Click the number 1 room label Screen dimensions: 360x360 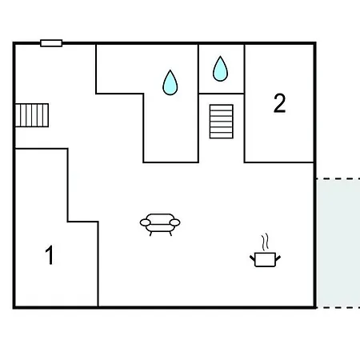pyautogui.click(x=50, y=254)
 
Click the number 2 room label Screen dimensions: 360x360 pyautogui.click(x=279, y=103)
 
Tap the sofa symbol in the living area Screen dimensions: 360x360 pyautogui.click(x=160, y=225)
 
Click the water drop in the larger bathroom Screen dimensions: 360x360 pyautogui.click(x=170, y=82)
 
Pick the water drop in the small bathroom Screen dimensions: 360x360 pyautogui.click(x=220, y=69)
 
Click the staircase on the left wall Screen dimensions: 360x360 pyautogui.click(x=32, y=115)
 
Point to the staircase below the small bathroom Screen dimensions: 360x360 pyautogui.click(x=222, y=122)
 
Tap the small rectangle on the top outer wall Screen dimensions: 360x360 pyautogui.click(x=51, y=43)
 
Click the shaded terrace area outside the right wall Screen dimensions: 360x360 pyautogui.click(x=338, y=243)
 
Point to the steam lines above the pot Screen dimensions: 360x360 pyautogui.click(x=265, y=242)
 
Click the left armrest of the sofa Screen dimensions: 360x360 pyautogui.click(x=146, y=222)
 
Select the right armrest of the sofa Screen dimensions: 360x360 pyautogui.click(x=175, y=222)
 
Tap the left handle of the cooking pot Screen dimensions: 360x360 pyautogui.click(x=253, y=258)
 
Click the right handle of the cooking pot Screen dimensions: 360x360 pyautogui.click(x=278, y=258)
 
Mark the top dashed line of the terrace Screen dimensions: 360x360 pyautogui.click(x=338, y=178)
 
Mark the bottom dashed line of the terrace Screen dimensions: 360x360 pyautogui.click(x=338, y=308)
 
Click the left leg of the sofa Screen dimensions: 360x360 pyautogui.click(x=151, y=234)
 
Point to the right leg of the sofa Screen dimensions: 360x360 pyautogui.click(x=170, y=234)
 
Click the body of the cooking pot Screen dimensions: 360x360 pyautogui.click(x=265, y=260)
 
